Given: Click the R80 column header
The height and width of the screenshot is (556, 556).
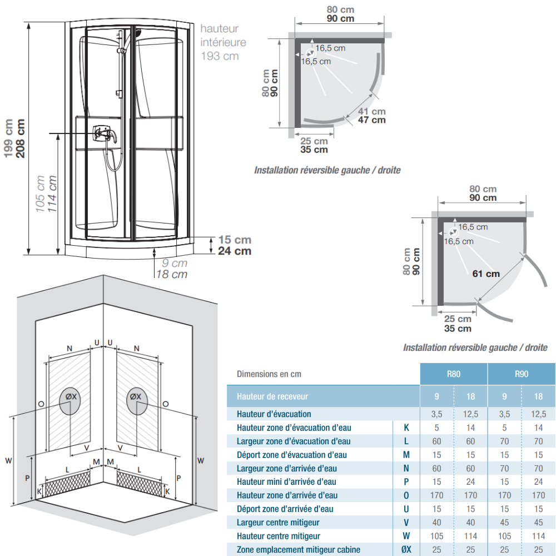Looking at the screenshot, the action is tap(454, 374).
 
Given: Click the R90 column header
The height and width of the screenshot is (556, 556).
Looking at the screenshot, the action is tap(522, 374).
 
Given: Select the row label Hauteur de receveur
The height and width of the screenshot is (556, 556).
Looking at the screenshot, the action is tap(272, 396).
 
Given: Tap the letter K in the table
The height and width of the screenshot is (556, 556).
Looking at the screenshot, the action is tap(406, 428).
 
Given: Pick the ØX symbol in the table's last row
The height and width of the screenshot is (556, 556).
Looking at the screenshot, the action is tap(406, 549).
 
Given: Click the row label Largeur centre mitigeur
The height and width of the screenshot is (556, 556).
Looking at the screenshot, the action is tap(278, 522).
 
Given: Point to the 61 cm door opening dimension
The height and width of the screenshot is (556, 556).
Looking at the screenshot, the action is tap(486, 274).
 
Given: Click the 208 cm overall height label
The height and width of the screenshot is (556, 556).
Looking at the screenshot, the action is tap(21, 138).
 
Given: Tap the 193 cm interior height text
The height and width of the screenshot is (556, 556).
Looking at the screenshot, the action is tap(220, 56).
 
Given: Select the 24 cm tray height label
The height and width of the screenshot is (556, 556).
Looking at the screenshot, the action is tap(235, 251).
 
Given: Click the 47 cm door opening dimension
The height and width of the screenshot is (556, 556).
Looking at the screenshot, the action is tap(371, 120).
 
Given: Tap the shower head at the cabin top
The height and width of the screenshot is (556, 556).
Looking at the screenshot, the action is tap(137, 33).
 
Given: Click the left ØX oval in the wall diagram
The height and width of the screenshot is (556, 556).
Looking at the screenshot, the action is tap(70, 401).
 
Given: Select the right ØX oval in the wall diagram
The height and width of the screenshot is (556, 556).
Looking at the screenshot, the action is tap(137, 401).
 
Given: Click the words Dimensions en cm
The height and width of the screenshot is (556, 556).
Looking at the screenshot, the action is tap(269, 374).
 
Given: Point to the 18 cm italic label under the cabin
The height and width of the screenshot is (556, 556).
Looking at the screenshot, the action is tap(172, 275).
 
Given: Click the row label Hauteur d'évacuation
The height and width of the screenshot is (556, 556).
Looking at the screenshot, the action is tap(274, 414).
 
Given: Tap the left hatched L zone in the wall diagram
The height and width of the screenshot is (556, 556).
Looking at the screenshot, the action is tap(67, 484).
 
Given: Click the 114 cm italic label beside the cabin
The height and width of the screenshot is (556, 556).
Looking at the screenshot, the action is tap(52, 193).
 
